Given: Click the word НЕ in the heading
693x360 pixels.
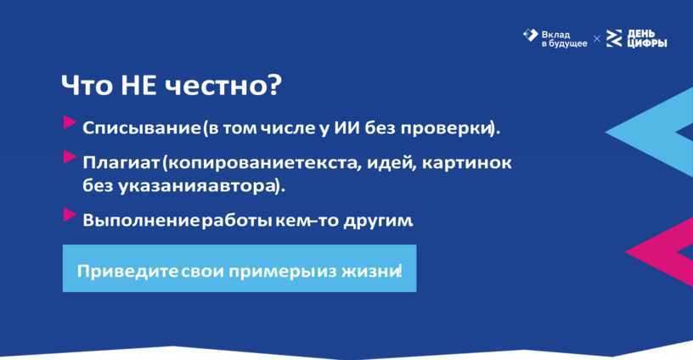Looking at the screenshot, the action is tap(138, 85).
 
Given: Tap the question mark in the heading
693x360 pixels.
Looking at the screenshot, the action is tap(273, 85).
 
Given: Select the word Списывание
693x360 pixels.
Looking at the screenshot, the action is tap(142, 128).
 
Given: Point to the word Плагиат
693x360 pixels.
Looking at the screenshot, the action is tap(121, 162).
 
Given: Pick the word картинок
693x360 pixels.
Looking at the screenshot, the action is tap(467, 162).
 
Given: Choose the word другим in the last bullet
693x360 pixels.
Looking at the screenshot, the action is tap(377, 221).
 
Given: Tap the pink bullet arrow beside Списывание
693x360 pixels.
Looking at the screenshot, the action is tap(70, 122).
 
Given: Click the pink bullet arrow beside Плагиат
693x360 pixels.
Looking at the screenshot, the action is tap(70, 157).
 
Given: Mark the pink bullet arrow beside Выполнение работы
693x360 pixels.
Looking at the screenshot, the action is tap(70, 215).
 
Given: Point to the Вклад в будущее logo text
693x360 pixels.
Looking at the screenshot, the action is tap(565, 39).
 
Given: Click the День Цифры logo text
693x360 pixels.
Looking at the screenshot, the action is tap(646, 38).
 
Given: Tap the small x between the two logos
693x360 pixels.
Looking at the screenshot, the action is tap(597, 39).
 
